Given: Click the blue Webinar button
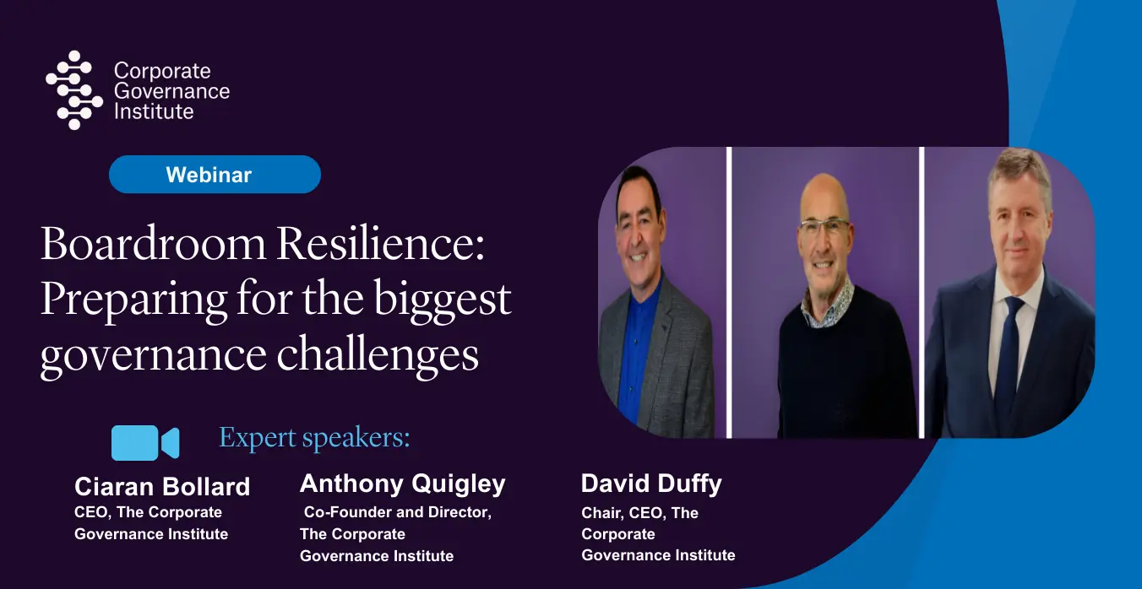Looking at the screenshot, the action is tap(215, 175).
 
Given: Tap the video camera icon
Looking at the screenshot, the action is tap(145, 443).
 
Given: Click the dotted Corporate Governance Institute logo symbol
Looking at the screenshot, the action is tap(74, 90).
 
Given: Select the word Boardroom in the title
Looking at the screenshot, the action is tap(153, 244).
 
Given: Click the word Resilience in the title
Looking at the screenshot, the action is tap(380, 244).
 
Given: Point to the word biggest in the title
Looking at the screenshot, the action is tap(443, 300).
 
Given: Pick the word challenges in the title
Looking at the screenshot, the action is tap(378, 355).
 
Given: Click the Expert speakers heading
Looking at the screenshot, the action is tap(314, 437).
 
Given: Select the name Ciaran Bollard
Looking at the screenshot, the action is tap(162, 487).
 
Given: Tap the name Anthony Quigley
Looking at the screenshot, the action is tap(403, 484).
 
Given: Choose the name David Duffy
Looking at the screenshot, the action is tap(651, 484).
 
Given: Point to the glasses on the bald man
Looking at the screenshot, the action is tap(824, 227).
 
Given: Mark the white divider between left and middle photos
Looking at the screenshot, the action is tap(729, 293).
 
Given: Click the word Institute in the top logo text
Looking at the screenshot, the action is tap(154, 111).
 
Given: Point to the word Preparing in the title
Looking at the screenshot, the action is tap(134, 300).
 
